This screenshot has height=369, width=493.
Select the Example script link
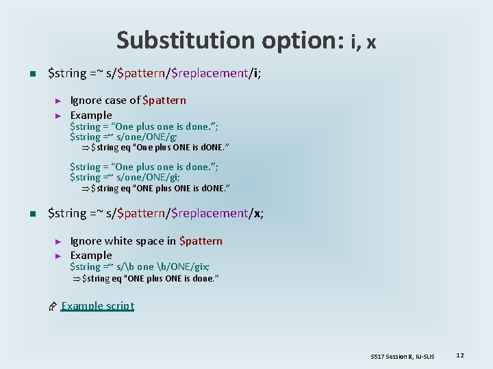pyautogui.click(x=97, y=305)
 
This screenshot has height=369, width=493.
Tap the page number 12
pyautogui.click(x=460, y=355)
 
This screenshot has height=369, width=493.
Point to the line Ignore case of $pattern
pyautogui.click(x=128, y=100)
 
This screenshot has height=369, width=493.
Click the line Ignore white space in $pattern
pyautogui.click(x=146, y=241)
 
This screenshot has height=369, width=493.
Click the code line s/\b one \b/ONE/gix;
pyautogui.click(x=140, y=266)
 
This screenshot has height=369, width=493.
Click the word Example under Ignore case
pyautogui.click(x=91, y=115)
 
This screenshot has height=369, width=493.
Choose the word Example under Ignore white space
pyautogui.click(x=91, y=255)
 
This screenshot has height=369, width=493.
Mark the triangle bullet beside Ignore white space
pyautogui.click(x=58, y=241)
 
